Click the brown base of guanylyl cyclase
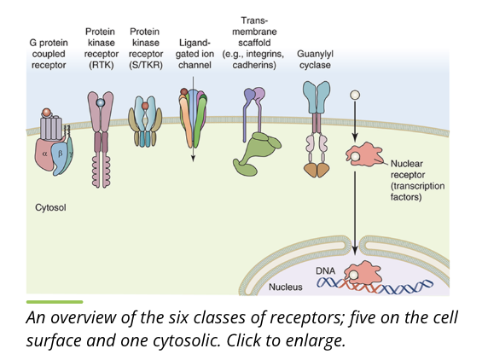pyautogui.click(x=317, y=169)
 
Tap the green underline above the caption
pyautogui.click(x=55, y=301)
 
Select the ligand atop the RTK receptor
pyautogui.click(x=101, y=102)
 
